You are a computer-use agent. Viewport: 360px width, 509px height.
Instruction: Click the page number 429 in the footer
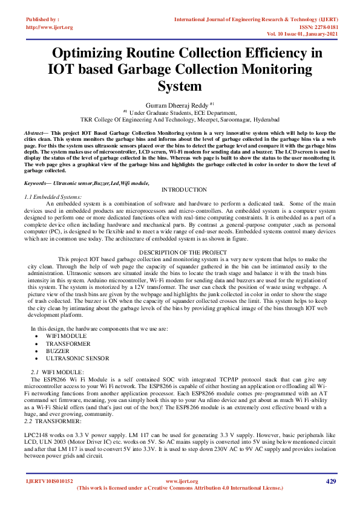click(x=330, y=481)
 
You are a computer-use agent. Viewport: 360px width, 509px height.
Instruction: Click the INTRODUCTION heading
click(x=184, y=190)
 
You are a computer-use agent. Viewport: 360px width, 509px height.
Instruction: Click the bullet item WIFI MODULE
click(x=66, y=336)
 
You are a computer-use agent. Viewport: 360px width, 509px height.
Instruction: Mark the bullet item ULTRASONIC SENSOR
click(x=77, y=358)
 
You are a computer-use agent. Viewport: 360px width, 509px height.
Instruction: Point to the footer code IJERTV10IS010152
click(x=49, y=481)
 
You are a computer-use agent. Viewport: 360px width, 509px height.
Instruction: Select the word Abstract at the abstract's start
click(x=34, y=132)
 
